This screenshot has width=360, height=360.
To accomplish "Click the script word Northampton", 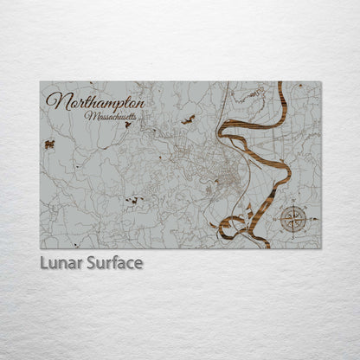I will (95, 101).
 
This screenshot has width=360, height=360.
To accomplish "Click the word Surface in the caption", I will (112, 262).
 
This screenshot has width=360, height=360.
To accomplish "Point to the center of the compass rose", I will (294, 219).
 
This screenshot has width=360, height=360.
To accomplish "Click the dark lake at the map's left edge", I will (50, 145).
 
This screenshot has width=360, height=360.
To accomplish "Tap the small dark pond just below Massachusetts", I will (128, 125).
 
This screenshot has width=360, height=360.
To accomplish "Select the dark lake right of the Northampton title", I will (188, 119).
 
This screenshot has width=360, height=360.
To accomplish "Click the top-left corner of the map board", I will (41, 82).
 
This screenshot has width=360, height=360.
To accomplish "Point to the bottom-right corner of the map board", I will (320, 247).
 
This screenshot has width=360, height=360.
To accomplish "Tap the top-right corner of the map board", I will (320, 82).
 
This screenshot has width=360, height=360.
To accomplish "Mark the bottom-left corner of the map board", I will (41, 247).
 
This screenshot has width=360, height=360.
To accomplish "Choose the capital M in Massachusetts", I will (88, 114).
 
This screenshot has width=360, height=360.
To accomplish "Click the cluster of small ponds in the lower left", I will (132, 201).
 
